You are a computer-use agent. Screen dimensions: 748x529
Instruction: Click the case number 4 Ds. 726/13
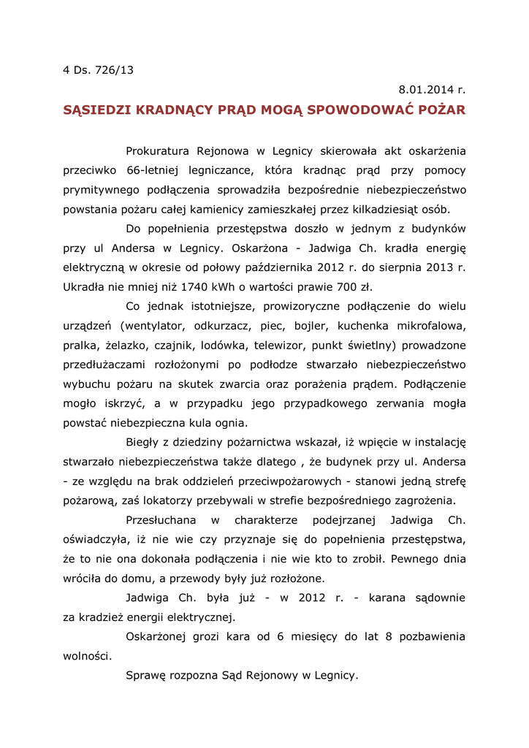point(99,71)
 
